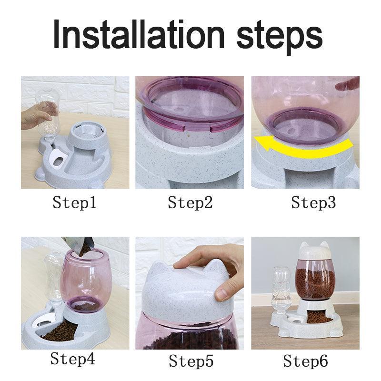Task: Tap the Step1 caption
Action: (75, 203)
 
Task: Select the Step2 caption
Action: (190, 203)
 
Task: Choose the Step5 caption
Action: (190, 361)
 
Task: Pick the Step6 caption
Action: (306, 361)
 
